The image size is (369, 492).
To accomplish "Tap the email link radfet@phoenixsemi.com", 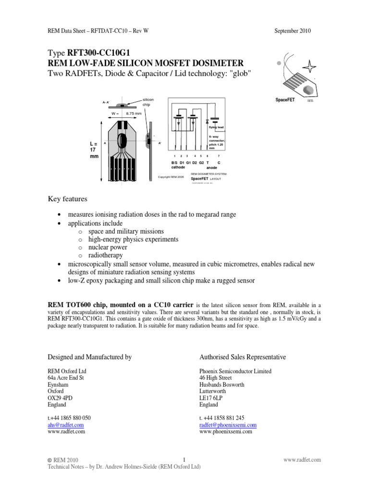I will (x=227, y=425).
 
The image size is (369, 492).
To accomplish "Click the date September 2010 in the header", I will (x=292, y=31).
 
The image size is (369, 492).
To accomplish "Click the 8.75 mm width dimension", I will (x=133, y=114).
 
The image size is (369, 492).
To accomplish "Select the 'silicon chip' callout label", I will (x=148, y=102).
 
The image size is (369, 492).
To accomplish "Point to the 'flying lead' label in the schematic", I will (x=216, y=127).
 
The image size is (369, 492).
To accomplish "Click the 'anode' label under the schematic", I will (x=212, y=168).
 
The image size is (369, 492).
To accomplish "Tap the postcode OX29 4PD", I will (x=60, y=398).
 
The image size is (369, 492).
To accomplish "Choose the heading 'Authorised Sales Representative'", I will (x=242, y=357).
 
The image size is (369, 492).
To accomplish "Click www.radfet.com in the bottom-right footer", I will (x=302, y=460).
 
